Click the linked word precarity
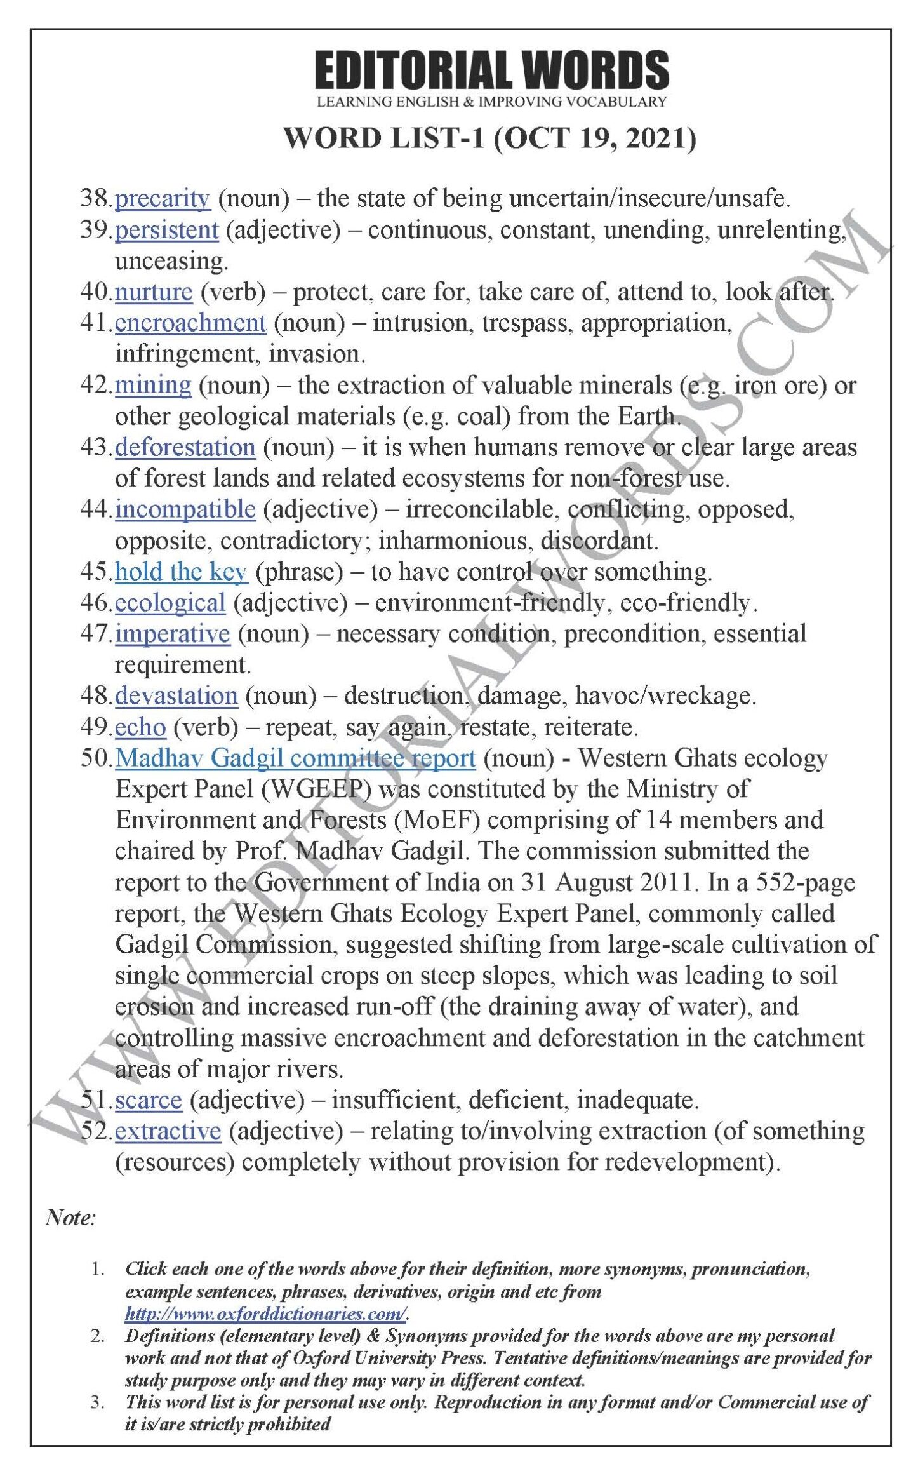click(162, 199)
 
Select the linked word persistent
click(166, 230)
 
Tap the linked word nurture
click(154, 292)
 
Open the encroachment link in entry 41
click(190, 323)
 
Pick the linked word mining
click(153, 386)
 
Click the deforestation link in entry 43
click(185, 448)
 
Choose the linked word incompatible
click(185, 509)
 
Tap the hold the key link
click(181, 572)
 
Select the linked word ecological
click(170, 603)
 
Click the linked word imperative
click(172, 634)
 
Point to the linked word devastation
click(176, 696)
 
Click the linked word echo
click(140, 727)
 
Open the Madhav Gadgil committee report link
click(295, 758)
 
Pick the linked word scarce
click(149, 1100)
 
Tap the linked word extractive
click(168, 1131)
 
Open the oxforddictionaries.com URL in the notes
click(266, 1313)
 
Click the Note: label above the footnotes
click(70, 1218)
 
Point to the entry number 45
click(95, 572)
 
